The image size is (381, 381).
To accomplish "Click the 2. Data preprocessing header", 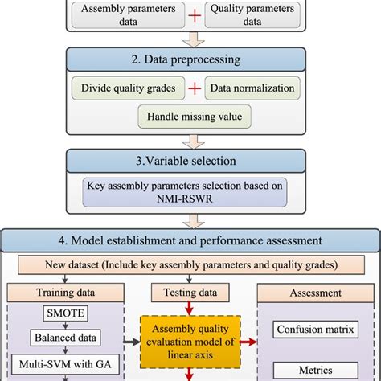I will [x=190, y=59].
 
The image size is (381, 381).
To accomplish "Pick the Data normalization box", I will [x=252, y=87].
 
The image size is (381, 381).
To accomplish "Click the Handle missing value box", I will [x=190, y=115].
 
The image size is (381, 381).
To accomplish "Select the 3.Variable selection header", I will [x=190, y=159].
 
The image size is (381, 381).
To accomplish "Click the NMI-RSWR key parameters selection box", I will [x=190, y=194].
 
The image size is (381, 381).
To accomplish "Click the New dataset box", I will [x=190, y=263].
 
